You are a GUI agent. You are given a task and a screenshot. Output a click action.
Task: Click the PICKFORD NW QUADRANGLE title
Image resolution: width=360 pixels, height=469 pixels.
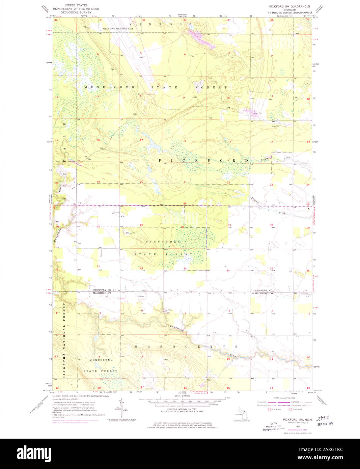click(x=289, y=6)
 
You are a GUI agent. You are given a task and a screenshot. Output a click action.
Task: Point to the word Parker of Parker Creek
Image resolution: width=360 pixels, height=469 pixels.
click(x=265, y=159)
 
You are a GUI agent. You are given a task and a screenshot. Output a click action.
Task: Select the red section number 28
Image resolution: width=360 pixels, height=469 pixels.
click(x=183, y=227)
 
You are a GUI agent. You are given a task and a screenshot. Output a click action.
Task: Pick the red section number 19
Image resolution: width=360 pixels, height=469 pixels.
click(x=99, y=182)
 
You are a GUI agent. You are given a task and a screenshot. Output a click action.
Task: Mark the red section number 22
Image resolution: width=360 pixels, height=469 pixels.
click(x=228, y=183)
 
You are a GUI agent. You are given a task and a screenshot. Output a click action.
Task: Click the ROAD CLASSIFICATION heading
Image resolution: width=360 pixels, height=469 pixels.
click(x=284, y=398)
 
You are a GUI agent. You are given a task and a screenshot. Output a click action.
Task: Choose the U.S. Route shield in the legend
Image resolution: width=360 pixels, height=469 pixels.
click(x=269, y=410)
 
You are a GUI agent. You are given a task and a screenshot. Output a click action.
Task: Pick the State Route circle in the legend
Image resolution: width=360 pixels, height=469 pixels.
click(x=290, y=410)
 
